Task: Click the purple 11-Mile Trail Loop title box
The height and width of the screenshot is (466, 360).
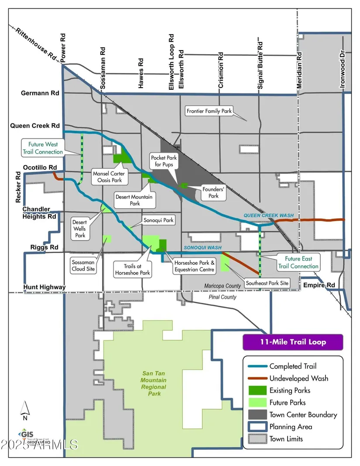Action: pyautogui.click(x=293, y=342)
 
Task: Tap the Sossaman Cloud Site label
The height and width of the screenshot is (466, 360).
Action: pyautogui.click(x=83, y=266)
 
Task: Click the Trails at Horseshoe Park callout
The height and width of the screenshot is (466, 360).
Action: pyautogui.click(x=132, y=269)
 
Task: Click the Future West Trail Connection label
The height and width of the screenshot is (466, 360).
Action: pyautogui.click(x=43, y=147)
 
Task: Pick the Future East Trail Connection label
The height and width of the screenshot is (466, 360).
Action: pyautogui.click(x=299, y=262)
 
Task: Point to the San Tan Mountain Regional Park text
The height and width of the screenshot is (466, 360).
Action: pyautogui.click(x=154, y=384)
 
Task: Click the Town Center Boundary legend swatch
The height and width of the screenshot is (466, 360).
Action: pyautogui.click(x=256, y=415)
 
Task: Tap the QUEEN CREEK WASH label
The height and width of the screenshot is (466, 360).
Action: pyautogui.click(x=268, y=216)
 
